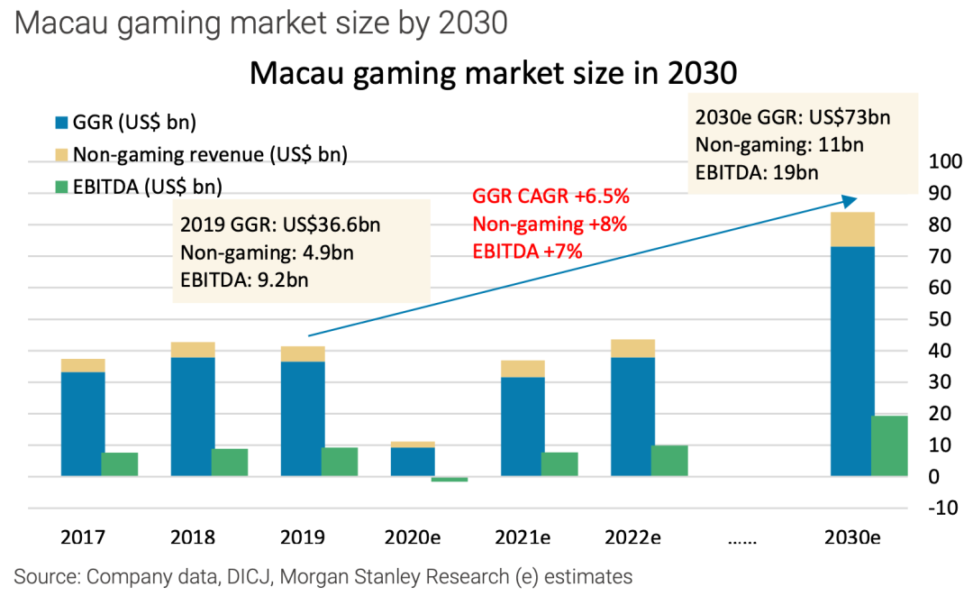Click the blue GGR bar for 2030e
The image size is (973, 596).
click(x=852, y=361)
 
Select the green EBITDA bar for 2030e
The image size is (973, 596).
click(x=889, y=445)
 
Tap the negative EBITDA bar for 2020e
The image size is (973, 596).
click(x=450, y=479)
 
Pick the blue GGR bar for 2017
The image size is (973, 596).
click(x=83, y=424)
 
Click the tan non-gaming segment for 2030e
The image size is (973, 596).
click(x=852, y=229)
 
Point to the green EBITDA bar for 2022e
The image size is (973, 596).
click(x=669, y=461)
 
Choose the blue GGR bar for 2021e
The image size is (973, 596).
click(x=523, y=426)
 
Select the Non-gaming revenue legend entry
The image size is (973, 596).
click(x=199, y=154)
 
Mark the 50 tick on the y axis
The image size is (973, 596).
click(x=941, y=319)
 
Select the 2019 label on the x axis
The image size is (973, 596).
click(x=303, y=538)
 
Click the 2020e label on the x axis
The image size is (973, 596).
click(x=413, y=538)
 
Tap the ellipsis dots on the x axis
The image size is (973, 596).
click(x=742, y=540)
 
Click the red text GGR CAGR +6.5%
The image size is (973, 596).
click(x=550, y=197)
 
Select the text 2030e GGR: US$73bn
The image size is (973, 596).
click(x=792, y=117)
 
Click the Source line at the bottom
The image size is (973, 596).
click(x=323, y=576)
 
